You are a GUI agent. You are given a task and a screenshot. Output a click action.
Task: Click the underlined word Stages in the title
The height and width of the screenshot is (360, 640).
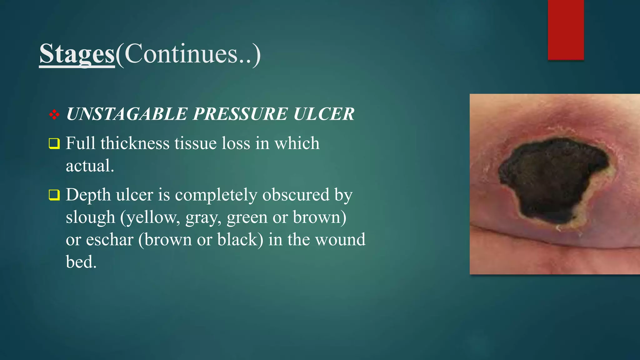[x=77, y=54]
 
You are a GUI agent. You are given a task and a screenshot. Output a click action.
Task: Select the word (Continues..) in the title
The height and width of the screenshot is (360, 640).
[x=188, y=54]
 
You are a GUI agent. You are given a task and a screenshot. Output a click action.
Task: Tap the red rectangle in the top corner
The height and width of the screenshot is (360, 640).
[x=566, y=30]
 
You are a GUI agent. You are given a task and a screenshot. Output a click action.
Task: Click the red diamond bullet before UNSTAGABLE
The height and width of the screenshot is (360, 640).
[x=54, y=114]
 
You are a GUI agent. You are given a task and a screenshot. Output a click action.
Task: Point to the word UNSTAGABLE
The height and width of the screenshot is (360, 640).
[x=127, y=114]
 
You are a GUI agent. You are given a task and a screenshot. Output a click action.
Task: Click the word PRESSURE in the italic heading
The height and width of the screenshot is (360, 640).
[x=240, y=114]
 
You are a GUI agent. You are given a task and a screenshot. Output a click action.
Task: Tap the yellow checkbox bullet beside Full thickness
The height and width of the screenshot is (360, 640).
[x=54, y=144]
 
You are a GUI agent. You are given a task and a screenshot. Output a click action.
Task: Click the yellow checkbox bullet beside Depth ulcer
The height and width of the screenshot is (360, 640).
[x=54, y=195]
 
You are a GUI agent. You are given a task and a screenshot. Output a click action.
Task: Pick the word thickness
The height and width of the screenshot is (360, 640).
[x=135, y=143]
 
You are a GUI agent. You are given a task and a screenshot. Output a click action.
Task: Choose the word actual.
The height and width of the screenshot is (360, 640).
[x=90, y=166]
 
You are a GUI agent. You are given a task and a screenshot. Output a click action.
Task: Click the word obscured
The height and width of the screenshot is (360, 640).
[x=296, y=195]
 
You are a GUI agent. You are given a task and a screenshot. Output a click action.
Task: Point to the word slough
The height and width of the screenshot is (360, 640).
[x=90, y=217]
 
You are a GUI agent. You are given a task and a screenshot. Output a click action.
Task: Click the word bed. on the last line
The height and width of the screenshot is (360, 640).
[x=81, y=262]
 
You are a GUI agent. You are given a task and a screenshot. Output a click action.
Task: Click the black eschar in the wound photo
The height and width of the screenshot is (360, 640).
[x=550, y=181]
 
